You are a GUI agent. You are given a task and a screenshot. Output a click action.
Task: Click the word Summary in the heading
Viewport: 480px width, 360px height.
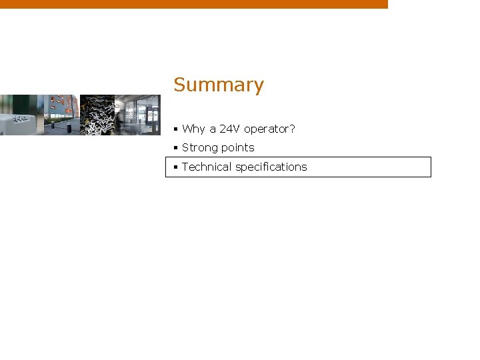[219, 85]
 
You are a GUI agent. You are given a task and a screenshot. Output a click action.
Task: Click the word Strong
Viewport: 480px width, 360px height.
[199, 147]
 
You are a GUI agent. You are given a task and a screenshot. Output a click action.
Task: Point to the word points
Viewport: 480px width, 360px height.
[237, 147]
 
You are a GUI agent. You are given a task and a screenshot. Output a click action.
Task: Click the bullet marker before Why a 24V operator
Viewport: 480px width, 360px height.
[175, 129]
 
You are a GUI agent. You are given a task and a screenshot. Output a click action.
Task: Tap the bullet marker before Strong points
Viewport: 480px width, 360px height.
[175, 147]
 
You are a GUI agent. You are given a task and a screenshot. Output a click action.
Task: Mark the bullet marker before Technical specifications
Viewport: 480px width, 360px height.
[175, 167]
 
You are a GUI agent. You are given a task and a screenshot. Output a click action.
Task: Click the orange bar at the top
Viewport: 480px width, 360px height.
[193, 4]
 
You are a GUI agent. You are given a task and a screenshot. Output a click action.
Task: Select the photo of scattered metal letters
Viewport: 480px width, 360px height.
[97, 115]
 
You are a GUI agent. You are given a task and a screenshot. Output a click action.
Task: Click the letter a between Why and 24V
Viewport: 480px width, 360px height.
[213, 129]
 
